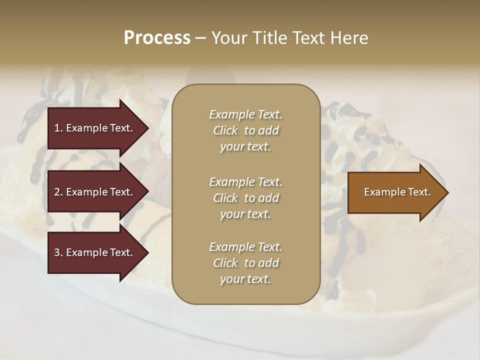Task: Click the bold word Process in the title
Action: (x=157, y=38)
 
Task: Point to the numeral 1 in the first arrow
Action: (x=56, y=128)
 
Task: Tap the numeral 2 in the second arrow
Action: (x=57, y=192)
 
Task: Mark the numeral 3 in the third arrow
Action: (x=57, y=252)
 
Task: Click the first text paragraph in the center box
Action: (x=245, y=130)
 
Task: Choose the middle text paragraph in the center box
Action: (x=245, y=198)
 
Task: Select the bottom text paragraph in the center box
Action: (x=245, y=263)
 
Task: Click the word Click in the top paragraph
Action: (x=225, y=130)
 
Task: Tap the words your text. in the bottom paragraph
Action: (x=245, y=279)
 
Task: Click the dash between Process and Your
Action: (x=201, y=38)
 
